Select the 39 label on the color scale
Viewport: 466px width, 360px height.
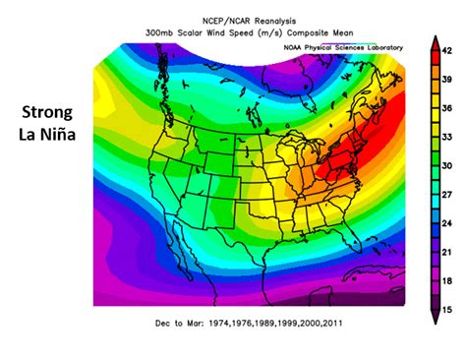(x=447, y=77)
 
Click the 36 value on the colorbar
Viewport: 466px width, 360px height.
(x=447, y=106)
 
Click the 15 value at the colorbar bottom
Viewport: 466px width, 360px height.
(x=447, y=309)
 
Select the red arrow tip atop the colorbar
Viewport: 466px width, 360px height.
(x=433, y=40)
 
